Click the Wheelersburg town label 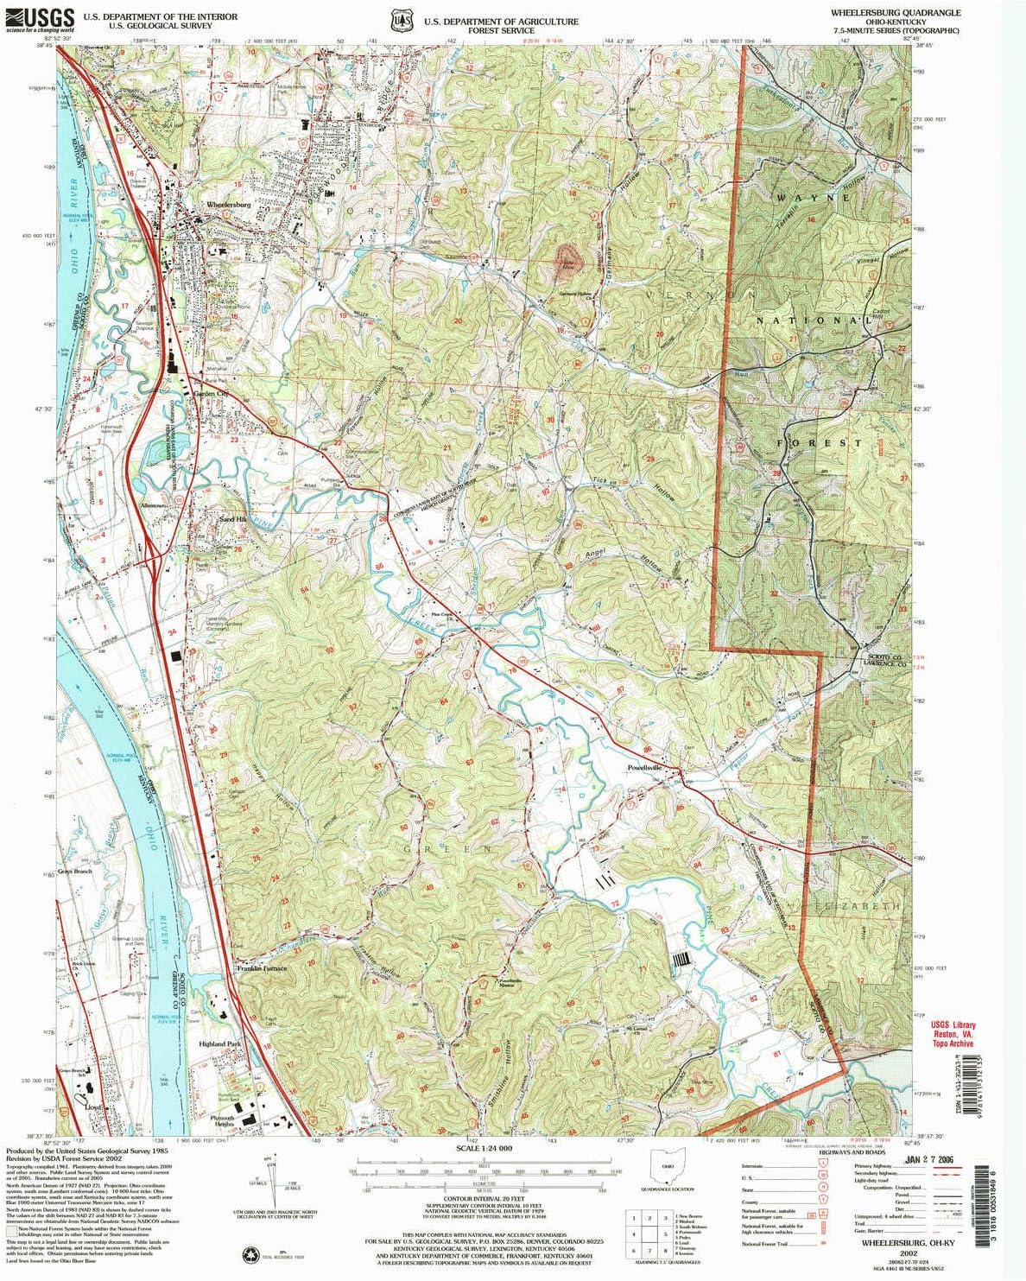click(228, 206)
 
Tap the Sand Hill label click(232, 520)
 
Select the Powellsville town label click(644, 767)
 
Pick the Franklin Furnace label click(262, 968)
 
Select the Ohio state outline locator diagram click(671, 1170)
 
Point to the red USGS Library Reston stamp click(953, 1035)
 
